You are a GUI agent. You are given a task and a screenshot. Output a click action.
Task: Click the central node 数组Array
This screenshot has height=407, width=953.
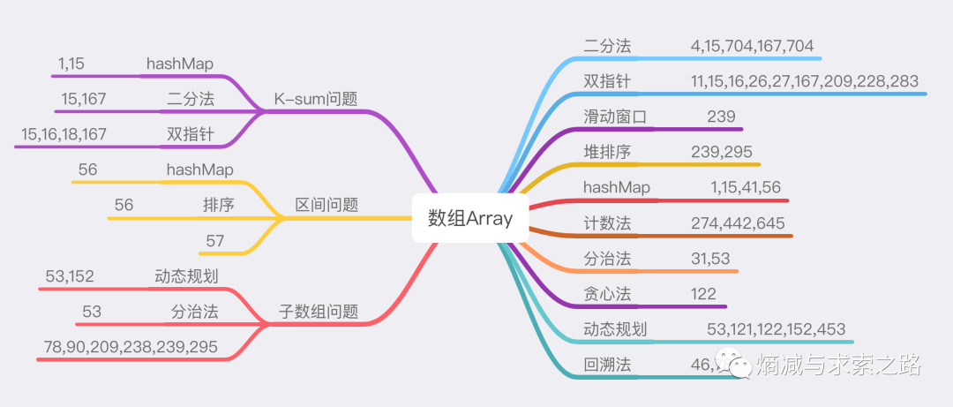tap(469, 219)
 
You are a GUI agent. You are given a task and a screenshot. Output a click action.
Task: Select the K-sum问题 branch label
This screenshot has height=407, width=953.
tap(315, 99)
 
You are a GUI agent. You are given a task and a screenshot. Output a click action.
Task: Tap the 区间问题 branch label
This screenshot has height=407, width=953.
tap(326, 205)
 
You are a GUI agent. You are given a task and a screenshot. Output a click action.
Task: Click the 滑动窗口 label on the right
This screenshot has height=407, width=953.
tap(615, 117)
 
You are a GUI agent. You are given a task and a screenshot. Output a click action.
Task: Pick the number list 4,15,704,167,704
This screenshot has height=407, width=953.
tap(752, 46)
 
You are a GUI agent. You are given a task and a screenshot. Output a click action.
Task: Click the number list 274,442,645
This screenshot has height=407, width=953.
tap(738, 223)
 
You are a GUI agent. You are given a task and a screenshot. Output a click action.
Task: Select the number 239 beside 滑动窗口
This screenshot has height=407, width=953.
tap(721, 117)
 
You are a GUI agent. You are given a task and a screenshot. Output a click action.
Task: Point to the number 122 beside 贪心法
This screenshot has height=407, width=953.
tap(703, 294)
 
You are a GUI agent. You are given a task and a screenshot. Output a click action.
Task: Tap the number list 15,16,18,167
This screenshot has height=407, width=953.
tap(64, 134)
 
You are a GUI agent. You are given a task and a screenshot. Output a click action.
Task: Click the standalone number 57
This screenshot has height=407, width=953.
tap(215, 240)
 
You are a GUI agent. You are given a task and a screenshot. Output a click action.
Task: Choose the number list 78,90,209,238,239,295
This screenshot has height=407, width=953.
tap(131, 347)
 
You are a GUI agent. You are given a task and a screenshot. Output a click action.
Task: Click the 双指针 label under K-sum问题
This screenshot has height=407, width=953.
tap(191, 134)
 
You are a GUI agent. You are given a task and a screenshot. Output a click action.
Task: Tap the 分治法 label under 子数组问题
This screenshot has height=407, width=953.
tap(194, 312)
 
